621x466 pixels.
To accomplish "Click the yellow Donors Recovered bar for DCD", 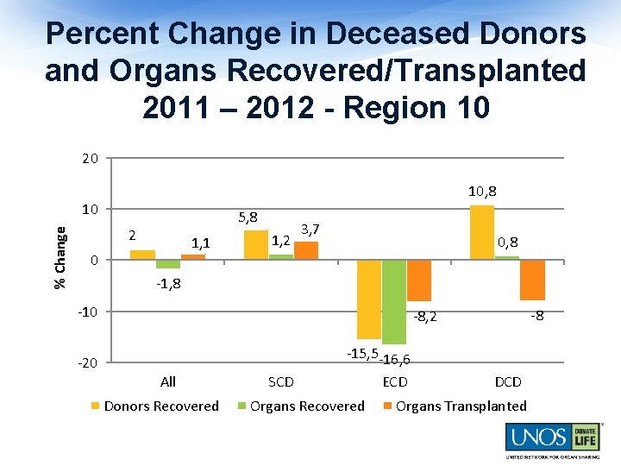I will tap(481, 232).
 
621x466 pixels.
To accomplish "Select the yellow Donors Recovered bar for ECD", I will tap(368, 299).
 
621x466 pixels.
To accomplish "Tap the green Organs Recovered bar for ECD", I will tap(393, 301).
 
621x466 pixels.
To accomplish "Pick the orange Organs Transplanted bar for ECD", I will tap(418, 280).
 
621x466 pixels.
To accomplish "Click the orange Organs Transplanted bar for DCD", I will tap(532, 280).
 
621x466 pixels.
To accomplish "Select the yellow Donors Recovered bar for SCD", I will tap(256, 245).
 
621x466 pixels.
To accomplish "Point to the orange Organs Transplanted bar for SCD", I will tap(306, 250).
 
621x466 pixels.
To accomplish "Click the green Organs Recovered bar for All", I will tap(168, 264).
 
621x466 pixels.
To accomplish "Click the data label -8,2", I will tap(424, 318).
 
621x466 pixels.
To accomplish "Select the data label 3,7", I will tap(310, 229).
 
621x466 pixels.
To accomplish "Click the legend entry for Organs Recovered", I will tap(301, 406).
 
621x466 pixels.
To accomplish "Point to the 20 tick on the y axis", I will tap(90, 159).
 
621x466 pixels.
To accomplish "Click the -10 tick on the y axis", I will tap(88, 312).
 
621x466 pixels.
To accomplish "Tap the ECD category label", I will tap(394, 381).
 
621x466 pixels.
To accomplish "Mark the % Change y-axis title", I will tap(60, 257).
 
